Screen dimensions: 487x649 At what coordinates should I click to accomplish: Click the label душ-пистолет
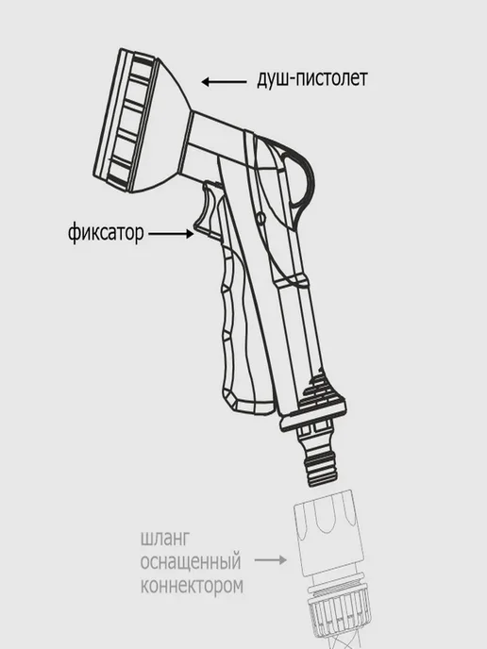click(x=312, y=78)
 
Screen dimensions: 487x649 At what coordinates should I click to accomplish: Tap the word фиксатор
click(x=106, y=233)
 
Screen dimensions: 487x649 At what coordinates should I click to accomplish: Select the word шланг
click(x=165, y=540)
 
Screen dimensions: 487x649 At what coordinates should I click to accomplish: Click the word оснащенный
click(x=191, y=562)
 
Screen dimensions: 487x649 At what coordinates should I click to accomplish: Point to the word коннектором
click(x=192, y=586)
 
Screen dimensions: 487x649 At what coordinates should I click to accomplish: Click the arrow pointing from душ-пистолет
click(x=224, y=82)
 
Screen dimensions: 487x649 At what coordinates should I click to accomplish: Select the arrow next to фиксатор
click(x=171, y=234)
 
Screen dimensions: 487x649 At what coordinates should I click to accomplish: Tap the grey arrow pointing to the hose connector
click(x=271, y=560)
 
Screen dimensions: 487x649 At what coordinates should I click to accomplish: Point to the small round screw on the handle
click(x=260, y=217)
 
